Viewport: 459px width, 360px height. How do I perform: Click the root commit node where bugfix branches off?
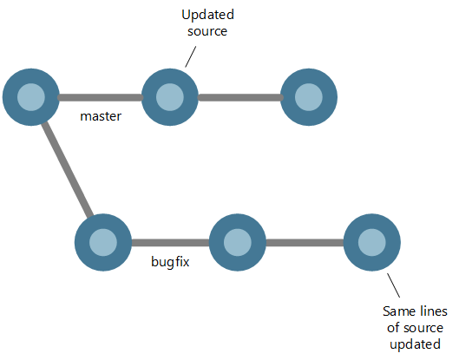(x=30, y=96)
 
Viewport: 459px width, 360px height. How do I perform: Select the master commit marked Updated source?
(x=170, y=96)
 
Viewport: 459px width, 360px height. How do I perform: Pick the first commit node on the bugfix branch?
(x=103, y=240)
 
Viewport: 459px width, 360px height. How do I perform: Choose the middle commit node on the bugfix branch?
(x=238, y=240)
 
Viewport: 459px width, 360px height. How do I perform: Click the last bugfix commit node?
(x=371, y=240)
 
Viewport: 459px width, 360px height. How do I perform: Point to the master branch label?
(x=100, y=115)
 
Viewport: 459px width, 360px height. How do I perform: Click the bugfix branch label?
(x=170, y=259)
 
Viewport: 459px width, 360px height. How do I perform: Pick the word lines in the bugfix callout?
(x=428, y=311)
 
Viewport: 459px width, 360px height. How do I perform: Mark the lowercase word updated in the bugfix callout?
(x=413, y=344)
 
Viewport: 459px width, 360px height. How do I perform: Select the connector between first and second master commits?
(x=100, y=96)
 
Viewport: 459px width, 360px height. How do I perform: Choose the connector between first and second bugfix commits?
(x=170, y=240)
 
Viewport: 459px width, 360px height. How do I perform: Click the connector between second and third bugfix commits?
(x=305, y=240)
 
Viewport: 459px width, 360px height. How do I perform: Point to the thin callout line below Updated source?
(x=190, y=56)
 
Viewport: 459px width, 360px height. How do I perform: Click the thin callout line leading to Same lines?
(x=393, y=285)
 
